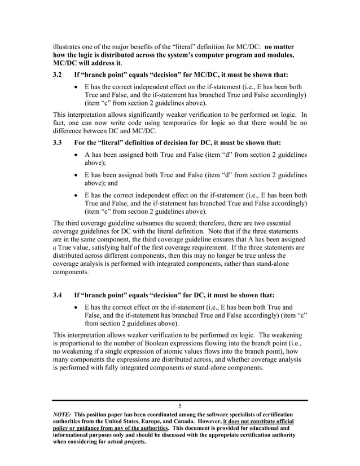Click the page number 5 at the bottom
(x=179, y=406)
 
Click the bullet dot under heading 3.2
(x=77, y=88)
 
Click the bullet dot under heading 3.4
(x=77, y=308)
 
